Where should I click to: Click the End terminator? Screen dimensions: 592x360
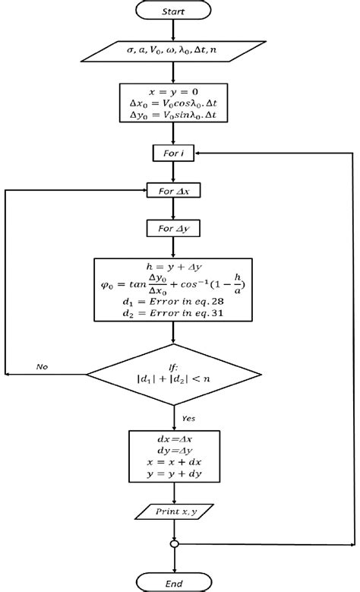175,582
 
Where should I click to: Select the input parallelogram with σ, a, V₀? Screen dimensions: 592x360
174,49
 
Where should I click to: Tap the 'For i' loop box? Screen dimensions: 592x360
174,154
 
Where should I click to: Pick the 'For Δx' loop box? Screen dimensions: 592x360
173,192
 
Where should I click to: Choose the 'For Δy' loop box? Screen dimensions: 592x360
173,228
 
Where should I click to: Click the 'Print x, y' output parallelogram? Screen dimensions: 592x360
174,514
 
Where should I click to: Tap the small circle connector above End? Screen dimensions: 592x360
175,544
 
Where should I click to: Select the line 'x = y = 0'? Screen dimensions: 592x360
174,90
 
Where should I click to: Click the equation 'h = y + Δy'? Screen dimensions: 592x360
174,267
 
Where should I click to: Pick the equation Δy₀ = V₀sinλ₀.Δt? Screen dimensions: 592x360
174,116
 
